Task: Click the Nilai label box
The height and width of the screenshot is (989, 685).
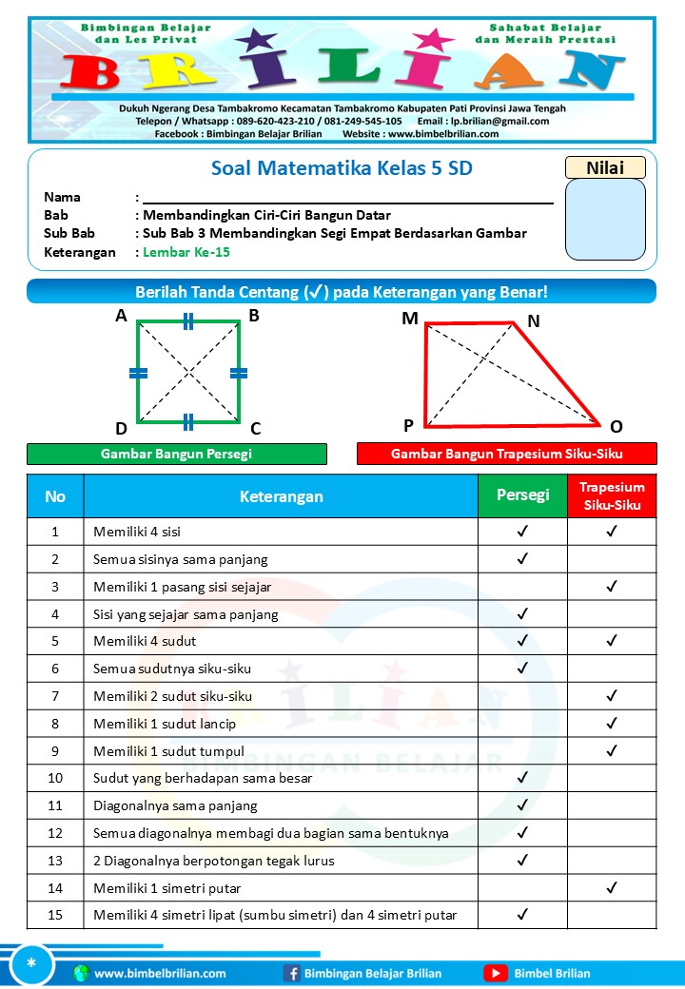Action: [x=605, y=167]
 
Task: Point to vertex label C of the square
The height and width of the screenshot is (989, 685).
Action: [x=255, y=428]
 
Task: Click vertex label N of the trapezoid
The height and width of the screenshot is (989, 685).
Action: [x=534, y=321]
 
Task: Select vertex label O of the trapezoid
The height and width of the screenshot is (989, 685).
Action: [x=616, y=426]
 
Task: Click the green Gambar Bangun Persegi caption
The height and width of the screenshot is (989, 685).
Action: [x=177, y=454]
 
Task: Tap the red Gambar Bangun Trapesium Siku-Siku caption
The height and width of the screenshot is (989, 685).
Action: [x=506, y=454]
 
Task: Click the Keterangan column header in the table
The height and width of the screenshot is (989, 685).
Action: [x=281, y=496]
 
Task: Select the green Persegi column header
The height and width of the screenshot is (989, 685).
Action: [x=522, y=495]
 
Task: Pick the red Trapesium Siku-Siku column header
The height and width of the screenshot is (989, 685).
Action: [x=612, y=495]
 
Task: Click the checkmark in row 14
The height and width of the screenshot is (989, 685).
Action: [x=612, y=887]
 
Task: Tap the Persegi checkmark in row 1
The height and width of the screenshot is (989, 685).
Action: [x=522, y=531]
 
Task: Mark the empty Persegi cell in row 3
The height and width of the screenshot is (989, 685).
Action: [x=522, y=586]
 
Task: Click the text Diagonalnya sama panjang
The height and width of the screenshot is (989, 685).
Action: [x=175, y=805]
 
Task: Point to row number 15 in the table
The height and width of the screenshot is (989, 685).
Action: [x=55, y=915]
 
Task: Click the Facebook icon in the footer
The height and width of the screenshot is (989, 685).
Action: [x=292, y=973]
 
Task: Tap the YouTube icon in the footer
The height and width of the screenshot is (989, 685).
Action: [x=495, y=973]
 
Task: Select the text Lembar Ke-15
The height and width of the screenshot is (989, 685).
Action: [x=186, y=252]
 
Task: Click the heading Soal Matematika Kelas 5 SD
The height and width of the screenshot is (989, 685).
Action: [x=342, y=168]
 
